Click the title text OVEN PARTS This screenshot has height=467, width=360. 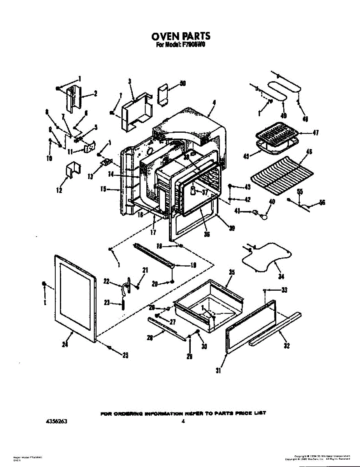coord(181,36)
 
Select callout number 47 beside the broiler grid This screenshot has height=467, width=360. coord(316,133)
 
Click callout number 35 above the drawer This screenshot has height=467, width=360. coord(232,273)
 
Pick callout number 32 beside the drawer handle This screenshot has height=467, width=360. coord(287,346)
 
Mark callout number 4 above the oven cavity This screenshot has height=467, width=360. coord(214,103)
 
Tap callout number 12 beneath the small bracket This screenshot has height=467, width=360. coord(59,190)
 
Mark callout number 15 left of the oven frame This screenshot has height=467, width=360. coord(103,190)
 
